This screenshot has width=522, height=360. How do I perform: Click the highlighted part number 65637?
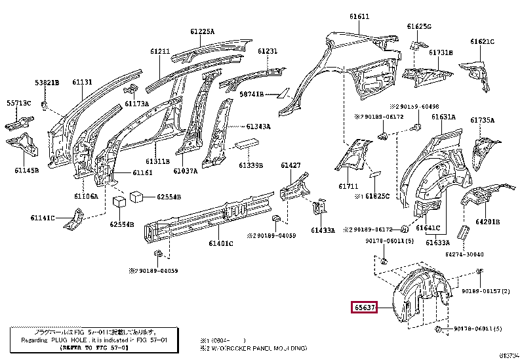click(x=364, y=308)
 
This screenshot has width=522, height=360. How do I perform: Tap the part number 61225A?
click(x=203, y=31)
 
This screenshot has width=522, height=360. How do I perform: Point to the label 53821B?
click(x=47, y=83)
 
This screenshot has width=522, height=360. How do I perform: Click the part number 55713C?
click(x=19, y=104)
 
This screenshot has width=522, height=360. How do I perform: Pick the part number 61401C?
click(x=222, y=244)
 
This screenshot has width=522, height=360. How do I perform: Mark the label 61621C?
click(x=482, y=41)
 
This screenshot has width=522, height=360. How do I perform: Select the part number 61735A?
click(x=482, y=120)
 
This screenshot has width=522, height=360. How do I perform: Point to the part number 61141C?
click(x=43, y=218)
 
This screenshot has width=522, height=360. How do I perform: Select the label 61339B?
click(x=251, y=166)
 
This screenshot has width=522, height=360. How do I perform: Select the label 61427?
click(x=291, y=165)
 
